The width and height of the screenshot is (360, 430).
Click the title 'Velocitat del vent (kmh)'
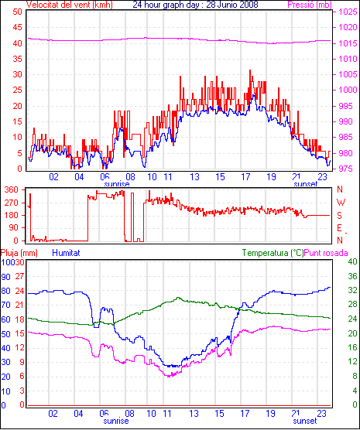click(x=70, y=5)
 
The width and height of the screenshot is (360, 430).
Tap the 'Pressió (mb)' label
click(x=310, y=5)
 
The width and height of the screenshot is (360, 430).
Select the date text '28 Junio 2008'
click(x=232, y=5)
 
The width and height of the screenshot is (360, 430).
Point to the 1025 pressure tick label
click(x=348, y=12)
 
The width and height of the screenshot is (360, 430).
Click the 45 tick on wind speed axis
click(x=17, y=27)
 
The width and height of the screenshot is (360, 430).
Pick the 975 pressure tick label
click(x=348, y=169)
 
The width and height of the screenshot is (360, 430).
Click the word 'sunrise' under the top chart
click(x=117, y=184)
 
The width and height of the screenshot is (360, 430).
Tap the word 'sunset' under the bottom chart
click(x=305, y=421)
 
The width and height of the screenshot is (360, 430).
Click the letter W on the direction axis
click(x=341, y=203)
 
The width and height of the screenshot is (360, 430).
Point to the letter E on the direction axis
click(x=340, y=228)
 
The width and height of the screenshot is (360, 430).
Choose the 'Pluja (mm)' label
click(x=19, y=253)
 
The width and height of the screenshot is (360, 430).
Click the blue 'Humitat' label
click(x=66, y=253)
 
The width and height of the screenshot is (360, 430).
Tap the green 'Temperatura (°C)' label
click(x=273, y=253)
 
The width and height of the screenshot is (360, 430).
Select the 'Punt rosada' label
click(x=326, y=253)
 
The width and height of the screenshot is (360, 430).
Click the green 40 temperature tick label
click(x=352, y=262)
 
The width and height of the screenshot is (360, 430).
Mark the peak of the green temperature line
click(x=178, y=298)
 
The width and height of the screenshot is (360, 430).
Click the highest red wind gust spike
click(x=250, y=70)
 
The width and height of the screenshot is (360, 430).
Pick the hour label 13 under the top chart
click(x=194, y=177)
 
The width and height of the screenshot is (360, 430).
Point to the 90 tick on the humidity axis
click(x=5, y=277)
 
